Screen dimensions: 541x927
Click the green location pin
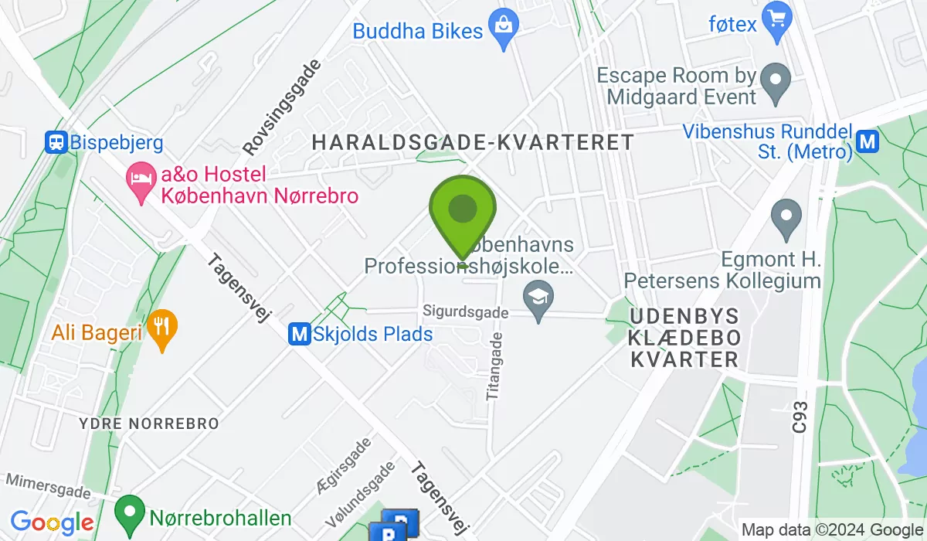462,210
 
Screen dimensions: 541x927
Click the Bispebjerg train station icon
56,142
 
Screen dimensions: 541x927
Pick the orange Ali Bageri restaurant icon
161,328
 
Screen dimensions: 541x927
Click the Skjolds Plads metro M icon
299,335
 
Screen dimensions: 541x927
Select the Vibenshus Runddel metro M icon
868,141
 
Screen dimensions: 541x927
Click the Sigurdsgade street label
466,312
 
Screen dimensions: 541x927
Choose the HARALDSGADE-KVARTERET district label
472,142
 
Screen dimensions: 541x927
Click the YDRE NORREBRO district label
149,424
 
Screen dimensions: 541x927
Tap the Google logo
52,522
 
